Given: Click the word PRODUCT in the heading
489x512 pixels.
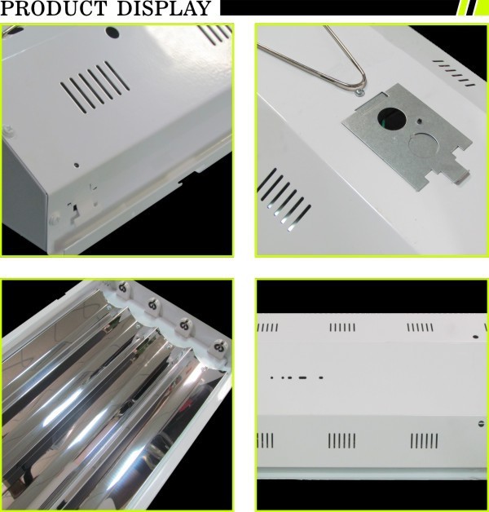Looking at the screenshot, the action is [x=54, y=8].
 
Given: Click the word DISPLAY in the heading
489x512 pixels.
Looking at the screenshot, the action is [x=164, y=8].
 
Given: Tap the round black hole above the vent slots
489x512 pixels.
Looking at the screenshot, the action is [x=112, y=33].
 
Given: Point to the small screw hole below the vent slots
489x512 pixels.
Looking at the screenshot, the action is [x=77, y=165].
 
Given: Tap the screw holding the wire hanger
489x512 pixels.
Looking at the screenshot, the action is [x=359, y=93].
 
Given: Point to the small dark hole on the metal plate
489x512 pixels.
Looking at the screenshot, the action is [x=419, y=121].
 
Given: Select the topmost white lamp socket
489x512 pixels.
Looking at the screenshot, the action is [x=123, y=289].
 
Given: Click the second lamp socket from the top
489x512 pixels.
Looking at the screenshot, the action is [x=152, y=306].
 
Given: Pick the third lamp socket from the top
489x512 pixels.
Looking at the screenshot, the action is [x=184, y=326].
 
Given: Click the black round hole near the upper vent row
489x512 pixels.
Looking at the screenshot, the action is [x=475, y=337].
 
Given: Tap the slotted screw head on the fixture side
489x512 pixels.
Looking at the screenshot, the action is [x=481, y=424].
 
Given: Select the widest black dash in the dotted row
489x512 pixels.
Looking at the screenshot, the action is [x=302, y=377].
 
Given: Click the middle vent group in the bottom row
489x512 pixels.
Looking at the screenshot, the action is [x=341, y=440].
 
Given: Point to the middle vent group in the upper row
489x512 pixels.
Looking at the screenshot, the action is [x=342, y=327].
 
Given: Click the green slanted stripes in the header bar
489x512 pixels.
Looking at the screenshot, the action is [x=474, y=7].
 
